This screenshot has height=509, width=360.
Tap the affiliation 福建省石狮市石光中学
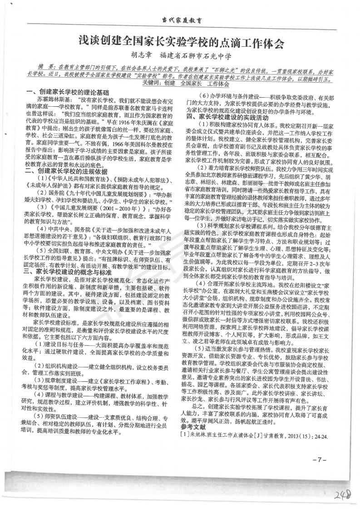point(195,57)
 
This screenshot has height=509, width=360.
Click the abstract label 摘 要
point(47,66)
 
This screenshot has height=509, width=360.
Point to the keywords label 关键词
point(152,84)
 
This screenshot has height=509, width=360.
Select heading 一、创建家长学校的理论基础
point(68,91)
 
